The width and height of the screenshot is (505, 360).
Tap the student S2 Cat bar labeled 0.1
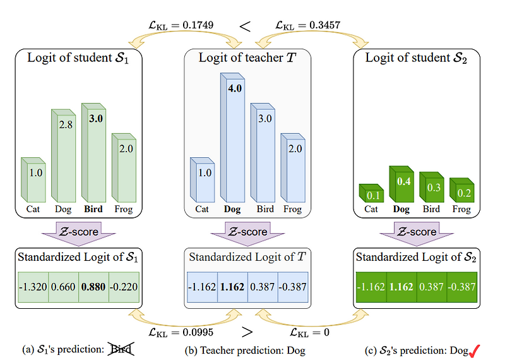coord(372,193)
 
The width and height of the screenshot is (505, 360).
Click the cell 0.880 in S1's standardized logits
coord(93,287)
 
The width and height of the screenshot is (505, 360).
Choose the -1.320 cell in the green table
coord(32,287)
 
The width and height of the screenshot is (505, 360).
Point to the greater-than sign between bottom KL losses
coord(249,331)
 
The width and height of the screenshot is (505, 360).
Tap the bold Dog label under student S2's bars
coord(401,209)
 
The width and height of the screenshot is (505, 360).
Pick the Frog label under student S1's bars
coord(123,209)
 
